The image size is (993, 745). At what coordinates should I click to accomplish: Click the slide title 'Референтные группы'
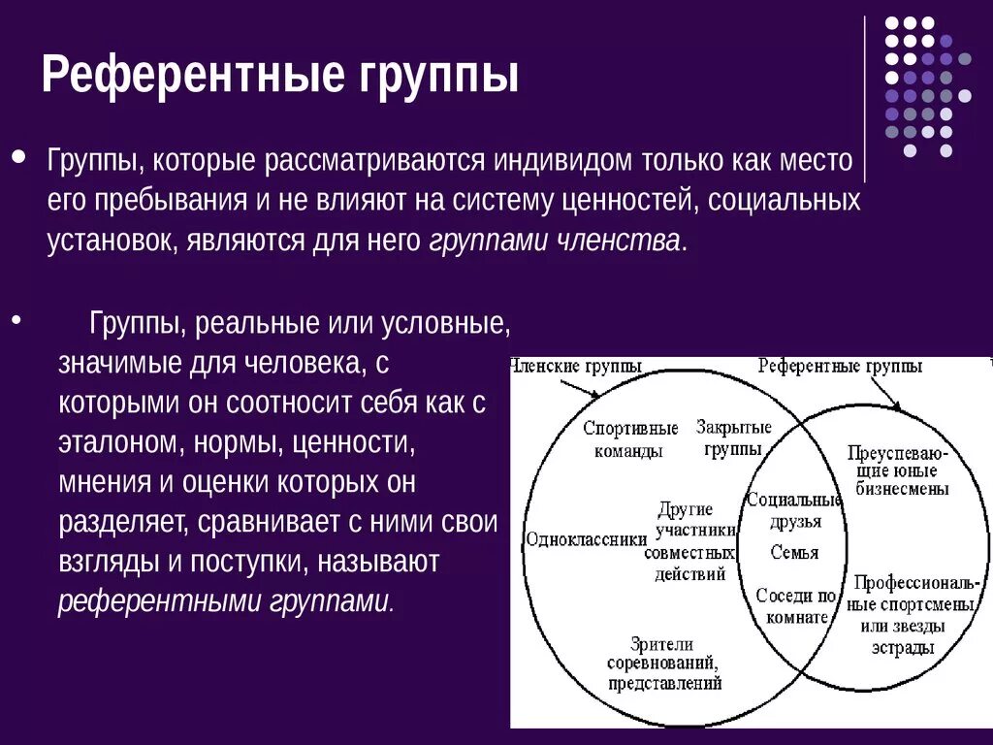point(279,75)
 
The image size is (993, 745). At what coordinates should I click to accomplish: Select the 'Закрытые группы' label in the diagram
point(733,437)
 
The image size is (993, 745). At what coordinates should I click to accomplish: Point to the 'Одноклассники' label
point(586,539)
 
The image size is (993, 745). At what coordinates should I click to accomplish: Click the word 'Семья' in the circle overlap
point(794,553)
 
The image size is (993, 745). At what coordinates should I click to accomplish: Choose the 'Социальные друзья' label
point(794,510)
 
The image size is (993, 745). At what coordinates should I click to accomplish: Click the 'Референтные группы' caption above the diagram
point(840,367)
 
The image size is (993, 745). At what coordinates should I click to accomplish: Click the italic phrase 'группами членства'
point(554,242)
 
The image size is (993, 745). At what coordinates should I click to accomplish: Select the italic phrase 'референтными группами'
point(224,601)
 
